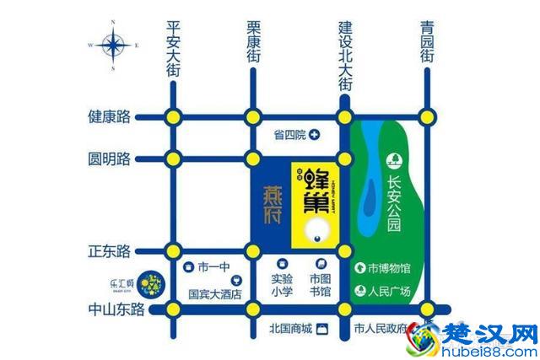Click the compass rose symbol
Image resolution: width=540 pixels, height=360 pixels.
coord(112,43)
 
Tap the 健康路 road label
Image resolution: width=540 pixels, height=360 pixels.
coord(110,116)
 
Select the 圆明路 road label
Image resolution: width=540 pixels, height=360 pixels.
coord(110,158)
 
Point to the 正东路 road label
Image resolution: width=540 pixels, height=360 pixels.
coord(110,250)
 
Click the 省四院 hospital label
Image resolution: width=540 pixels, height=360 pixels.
coord(289,134)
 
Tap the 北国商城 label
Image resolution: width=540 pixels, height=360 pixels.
coord(290,328)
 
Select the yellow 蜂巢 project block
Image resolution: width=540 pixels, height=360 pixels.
coord(314,203)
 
